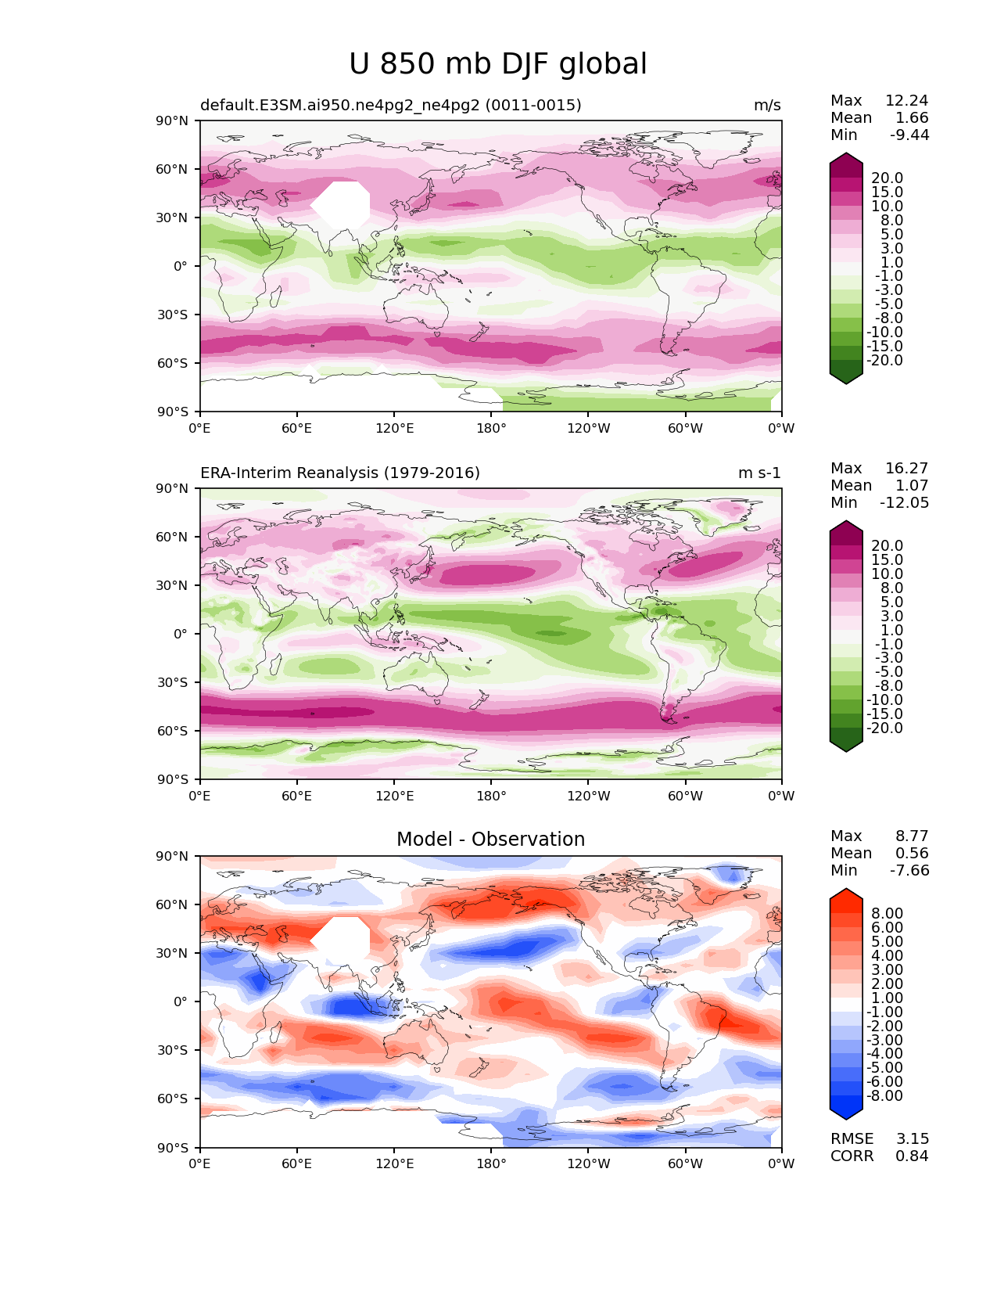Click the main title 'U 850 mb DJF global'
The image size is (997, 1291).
coord(497,64)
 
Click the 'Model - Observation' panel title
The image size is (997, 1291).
coord(490,840)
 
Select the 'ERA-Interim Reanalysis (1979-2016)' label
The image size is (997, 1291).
coord(340,473)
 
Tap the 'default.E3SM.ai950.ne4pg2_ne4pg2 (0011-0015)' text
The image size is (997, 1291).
coord(390,106)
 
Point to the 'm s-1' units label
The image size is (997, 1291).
coord(759,473)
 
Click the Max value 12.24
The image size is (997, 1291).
coord(906,101)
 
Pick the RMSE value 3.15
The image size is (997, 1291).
coord(912,1139)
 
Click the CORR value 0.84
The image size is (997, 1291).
coord(912,1156)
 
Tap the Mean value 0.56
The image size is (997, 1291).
coord(912,854)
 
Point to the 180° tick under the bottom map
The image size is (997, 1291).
coord(491,1164)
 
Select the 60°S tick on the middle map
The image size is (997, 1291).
coord(173,732)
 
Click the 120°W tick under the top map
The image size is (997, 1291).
coord(588,429)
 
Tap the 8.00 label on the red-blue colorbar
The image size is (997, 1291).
coord(888,914)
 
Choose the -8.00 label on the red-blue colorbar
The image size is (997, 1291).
coord(885,1096)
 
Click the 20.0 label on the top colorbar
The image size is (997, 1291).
coord(888,178)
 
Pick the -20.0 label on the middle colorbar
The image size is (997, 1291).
coord(885,728)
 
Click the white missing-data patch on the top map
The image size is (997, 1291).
coord(341,205)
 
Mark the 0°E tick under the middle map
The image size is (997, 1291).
coord(200,797)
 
